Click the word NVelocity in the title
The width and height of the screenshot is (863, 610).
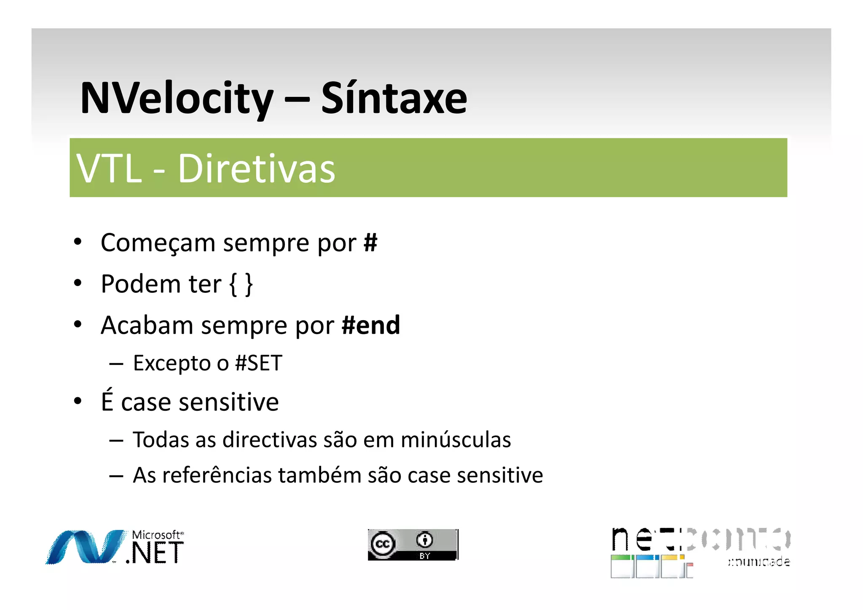tap(177, 99)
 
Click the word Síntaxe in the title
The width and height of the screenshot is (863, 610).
tap(394, 98)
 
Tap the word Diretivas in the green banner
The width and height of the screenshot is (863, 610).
tap(256, 169)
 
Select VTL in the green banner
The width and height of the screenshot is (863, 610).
tap(109, 169)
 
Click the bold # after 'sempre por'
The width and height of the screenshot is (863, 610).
tap(370, 243)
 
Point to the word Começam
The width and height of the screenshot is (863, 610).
tap(158, 243)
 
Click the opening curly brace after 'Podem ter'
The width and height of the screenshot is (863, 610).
tap(233, 284)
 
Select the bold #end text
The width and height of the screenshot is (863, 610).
tap(371, 325)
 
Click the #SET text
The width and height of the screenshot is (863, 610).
tap(258, 363)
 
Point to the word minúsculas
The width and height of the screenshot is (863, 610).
tap(456, 440)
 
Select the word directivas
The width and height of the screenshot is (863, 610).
tap(270, 440)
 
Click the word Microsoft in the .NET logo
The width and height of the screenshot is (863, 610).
tap(156, 535)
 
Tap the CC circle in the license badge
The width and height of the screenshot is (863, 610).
tap(383, 544)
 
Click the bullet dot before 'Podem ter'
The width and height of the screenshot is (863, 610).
tap(78, 283)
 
